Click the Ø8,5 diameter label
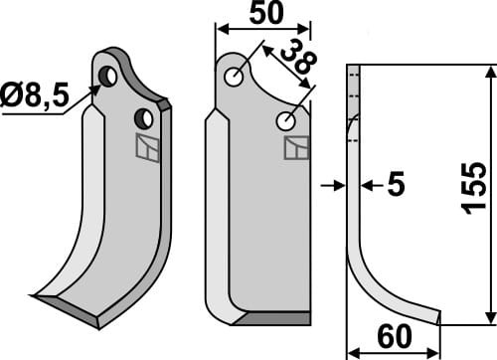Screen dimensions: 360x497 (37, 97)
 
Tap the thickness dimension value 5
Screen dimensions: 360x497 (397, 184)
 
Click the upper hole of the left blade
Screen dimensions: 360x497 (110, 75)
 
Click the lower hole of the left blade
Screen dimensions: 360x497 (145, 118)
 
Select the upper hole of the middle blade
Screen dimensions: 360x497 (234, 77)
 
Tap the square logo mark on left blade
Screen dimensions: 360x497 (147, 148)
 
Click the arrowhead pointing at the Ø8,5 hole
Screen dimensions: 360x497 (97, 90)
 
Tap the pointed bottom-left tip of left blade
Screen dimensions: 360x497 (36, 295)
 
